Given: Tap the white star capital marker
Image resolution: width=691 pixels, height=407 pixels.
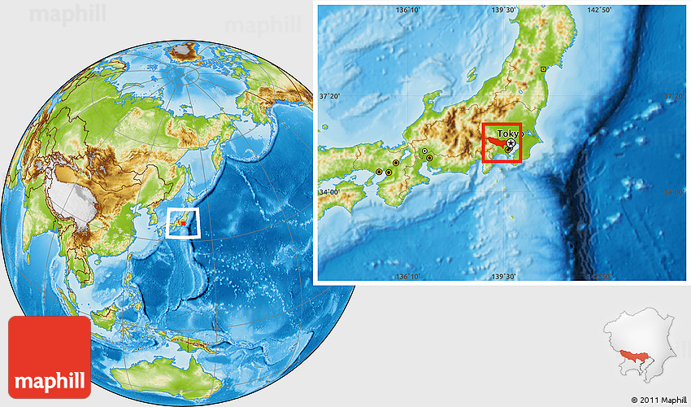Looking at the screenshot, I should (511, 143).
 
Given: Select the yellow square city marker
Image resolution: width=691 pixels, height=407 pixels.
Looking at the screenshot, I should (543, 70).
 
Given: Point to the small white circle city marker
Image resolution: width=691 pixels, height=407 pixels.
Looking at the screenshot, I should (424, 151).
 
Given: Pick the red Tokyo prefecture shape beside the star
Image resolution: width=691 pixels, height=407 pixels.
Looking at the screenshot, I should (495, 143).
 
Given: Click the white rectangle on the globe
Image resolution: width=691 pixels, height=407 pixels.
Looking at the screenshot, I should (183, 222).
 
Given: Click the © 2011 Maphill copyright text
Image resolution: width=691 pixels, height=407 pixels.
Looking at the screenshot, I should (658, 400).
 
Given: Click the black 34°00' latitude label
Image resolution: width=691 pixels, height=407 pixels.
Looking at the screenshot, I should (328, 192).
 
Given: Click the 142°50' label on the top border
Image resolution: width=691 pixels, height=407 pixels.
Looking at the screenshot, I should (599, 10).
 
